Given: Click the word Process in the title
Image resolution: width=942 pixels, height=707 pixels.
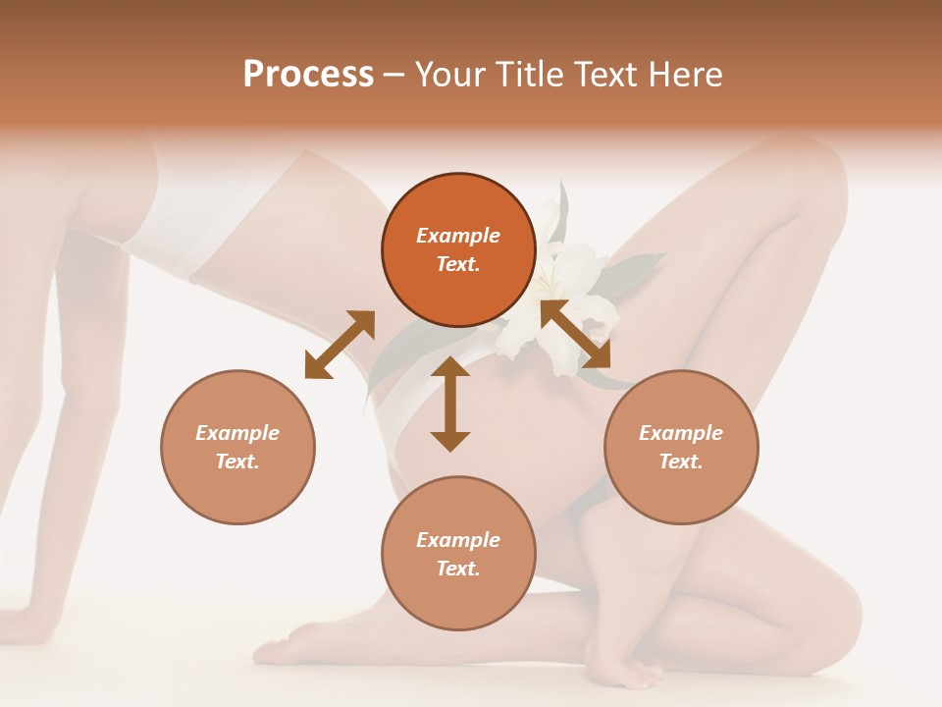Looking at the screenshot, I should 308,75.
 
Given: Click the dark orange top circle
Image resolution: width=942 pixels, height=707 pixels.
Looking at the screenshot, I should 458,250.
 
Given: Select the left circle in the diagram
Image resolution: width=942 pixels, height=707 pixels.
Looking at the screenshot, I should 237,447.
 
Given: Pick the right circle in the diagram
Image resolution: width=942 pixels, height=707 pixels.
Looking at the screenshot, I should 681,447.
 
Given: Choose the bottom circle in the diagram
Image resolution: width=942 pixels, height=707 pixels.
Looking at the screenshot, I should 458,554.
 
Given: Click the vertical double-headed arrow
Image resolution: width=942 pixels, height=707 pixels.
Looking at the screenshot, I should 450,404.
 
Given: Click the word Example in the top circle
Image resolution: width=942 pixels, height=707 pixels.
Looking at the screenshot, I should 458,236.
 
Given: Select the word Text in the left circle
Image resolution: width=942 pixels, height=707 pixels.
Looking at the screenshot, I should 237,462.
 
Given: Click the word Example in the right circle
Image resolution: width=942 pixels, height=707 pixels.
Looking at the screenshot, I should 681,433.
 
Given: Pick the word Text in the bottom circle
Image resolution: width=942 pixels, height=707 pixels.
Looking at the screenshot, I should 458,569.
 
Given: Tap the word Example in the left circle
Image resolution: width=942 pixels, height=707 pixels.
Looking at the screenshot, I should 237,433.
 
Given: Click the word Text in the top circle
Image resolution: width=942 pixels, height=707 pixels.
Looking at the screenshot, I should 458,264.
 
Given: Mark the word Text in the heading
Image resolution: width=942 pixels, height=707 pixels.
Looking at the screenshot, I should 609,75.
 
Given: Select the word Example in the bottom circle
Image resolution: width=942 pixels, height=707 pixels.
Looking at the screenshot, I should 458,540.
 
